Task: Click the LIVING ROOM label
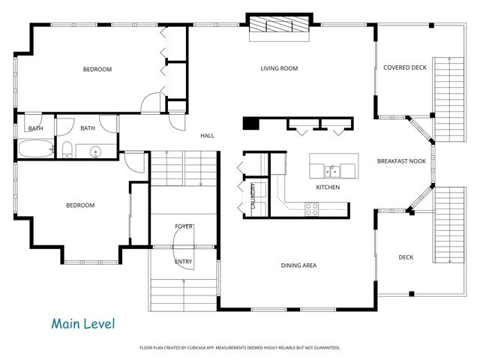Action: pyautogui.click(x=279, y=69)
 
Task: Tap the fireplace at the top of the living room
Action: pyautogui.click(x=279, y=24)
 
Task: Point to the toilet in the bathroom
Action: pyautogui.click(x=67, y=150)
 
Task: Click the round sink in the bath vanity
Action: pyautogui.click(x=96, y=152)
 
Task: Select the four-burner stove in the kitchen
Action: pyautogui.click(x=312, y=211)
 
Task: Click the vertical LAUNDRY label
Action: pyautogui.click(x=253, y=196)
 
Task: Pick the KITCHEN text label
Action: pyautogui.click(x=328, y=187)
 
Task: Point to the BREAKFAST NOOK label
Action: pyautogui.click(x=401, y=161)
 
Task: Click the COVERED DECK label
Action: pyautogui.click(x=404, y=67)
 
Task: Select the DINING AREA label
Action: pyautogui.click(x=298, y=265)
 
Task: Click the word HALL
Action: pyautogui.click(x=207, y=136)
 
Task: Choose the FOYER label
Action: pyautogui.click(x=184, y=226)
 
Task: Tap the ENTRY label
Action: pyautogui.click(x=183, y=262)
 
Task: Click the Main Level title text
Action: pyautogui.click(x=82, y=324)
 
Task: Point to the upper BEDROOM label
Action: pyautogui.click(x=97, y=70)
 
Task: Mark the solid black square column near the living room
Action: pyautogui.click(x=250, y=124)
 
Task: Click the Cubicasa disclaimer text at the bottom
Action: pyautogui.click(x=240, y=348)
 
